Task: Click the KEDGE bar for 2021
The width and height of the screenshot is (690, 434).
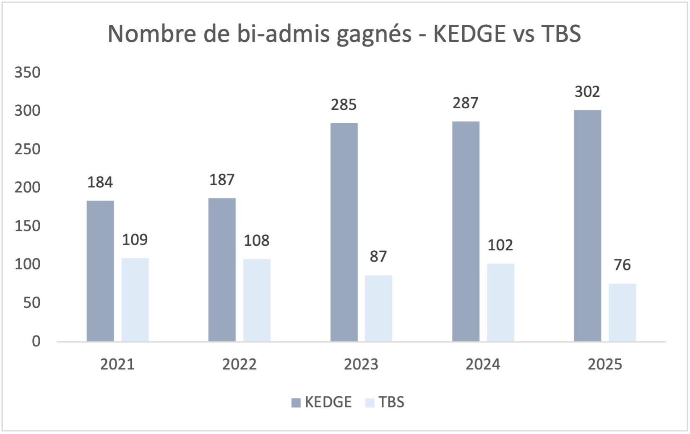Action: click(x=100, y=271)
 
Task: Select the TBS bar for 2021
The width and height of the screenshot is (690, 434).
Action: click(x=135, y=299)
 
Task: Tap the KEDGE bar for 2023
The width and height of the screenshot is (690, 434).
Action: click(x=344, y=232)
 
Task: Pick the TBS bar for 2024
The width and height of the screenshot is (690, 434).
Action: click(x=500, y=302)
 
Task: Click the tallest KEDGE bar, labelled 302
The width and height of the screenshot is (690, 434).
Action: click(x=587, y=226)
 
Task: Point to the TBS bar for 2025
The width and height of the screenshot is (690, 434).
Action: click(x=622, y=312)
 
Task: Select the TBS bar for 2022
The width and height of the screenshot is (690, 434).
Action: click(x=257, y=300)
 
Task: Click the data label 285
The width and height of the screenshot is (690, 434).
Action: click(x=344, y=105)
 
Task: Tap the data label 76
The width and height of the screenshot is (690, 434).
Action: click(x=622, y=265)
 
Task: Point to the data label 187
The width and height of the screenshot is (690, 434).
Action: click(x=222, y=180)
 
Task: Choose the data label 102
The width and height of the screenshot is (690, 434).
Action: click(x=500, y=245)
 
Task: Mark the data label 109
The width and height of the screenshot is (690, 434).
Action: click(x=135, y=240)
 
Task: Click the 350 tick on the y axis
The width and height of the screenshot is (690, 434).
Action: click(x=28, y=73)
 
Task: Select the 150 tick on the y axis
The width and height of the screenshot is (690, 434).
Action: click(x=28, y=226)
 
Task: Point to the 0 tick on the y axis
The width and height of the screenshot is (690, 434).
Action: click(x=36, y=341)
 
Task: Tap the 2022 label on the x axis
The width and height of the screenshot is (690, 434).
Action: click(x=239, y=364)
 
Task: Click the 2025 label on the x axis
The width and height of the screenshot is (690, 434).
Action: click(x=604, y=364)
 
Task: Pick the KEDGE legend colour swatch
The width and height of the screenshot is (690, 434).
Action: click(x=296, y=403)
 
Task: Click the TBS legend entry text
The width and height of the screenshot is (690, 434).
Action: click(x=391, y=402)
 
